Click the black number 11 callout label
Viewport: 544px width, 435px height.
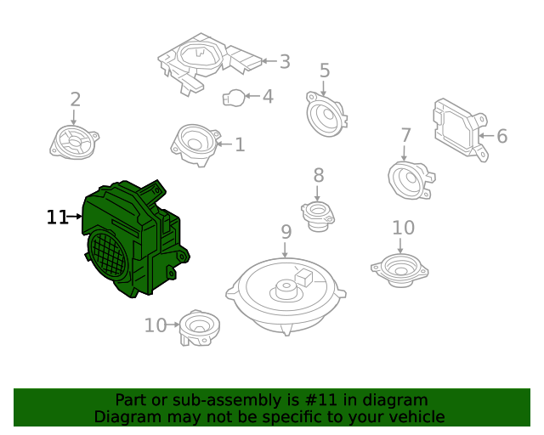click(x=57, y=217)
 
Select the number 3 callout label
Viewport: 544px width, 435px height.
click(x=284, y=61)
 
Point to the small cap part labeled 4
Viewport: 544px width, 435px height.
click(x=234, y=97)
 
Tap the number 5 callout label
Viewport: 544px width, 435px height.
click(x=324, y=71)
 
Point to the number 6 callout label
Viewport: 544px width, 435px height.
click(x=501, y=136)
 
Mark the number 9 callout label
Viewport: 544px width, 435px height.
click(x=286, y=231)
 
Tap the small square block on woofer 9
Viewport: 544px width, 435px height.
click(x=304, y=275)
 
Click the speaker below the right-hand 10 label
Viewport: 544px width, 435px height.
click(x=399, y=268)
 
